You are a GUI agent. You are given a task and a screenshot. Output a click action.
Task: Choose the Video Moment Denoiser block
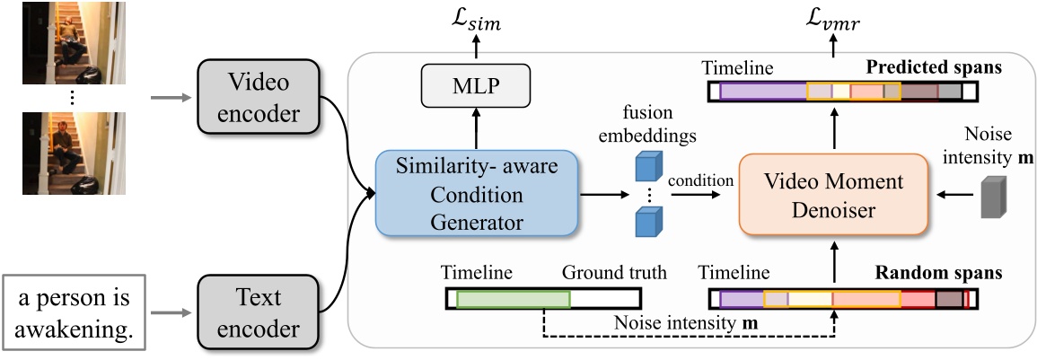[832, 193]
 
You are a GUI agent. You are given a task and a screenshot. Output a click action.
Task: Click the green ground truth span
[513, 299]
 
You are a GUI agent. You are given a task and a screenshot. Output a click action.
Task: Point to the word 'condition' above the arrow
[703, 179]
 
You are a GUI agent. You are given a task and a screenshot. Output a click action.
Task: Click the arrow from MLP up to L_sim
[475, 53]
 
